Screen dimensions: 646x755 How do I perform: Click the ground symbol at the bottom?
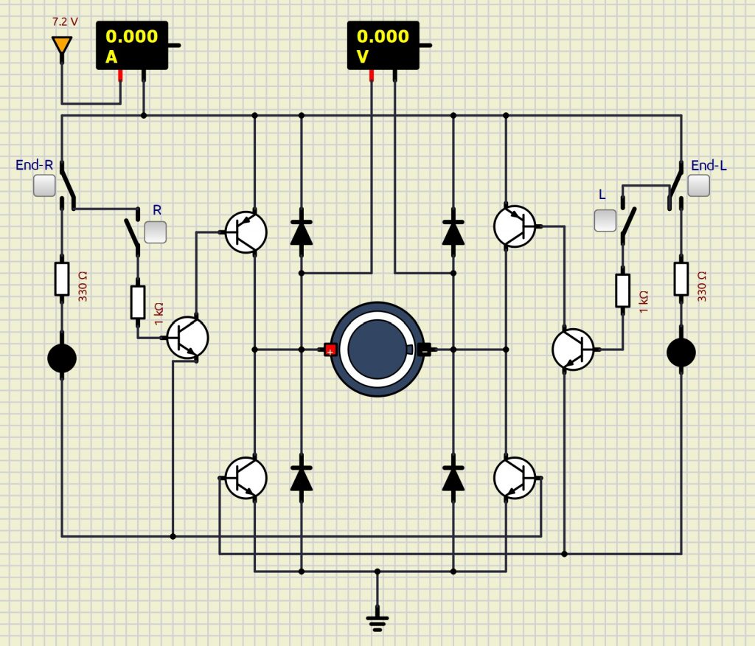pos(377,622)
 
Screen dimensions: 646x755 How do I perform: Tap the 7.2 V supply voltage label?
pos(65,22)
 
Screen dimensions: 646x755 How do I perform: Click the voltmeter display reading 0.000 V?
pos(383,45)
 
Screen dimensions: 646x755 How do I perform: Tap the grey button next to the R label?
pos(156,232)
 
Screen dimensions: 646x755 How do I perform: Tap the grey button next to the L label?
pos(605,220)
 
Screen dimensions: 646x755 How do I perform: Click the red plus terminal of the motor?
pos(330,350)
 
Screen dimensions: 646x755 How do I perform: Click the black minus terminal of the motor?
pos(425,350)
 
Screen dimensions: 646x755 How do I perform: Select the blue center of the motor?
pos(377,349)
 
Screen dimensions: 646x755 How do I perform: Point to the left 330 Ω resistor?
pos(62,279)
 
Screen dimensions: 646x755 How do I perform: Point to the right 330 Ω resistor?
pos(681,279)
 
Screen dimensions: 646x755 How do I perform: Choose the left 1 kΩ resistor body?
pos(138,302)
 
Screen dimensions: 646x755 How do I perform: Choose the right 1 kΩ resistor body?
pos(623,290)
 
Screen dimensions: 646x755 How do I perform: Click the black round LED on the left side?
pos(62,358)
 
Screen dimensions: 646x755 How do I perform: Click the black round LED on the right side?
pos(681,352)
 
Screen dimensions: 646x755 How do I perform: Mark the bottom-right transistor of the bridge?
pos(515,477)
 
